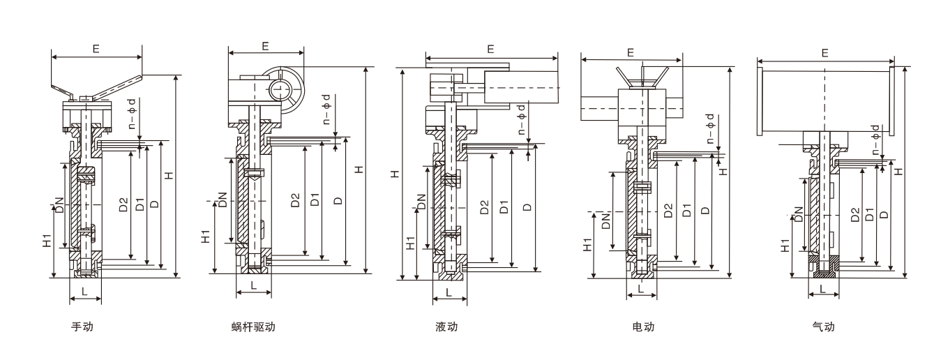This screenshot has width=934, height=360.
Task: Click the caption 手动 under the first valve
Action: (x=82, y=327)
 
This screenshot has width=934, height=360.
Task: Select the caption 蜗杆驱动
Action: (x=253, y=327)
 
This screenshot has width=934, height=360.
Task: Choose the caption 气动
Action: (x=823, y=327)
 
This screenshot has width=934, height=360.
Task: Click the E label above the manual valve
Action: (x=96, y=48)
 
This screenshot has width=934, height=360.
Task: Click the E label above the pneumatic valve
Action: (x=825, y=53)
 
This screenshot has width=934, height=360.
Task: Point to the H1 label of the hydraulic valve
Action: (x=411, y=242)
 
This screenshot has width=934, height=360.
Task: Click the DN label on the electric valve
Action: (x=605, y=222)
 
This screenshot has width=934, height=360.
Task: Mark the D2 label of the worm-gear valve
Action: (x=295, y=201)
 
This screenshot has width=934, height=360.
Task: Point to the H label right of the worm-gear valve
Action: (x=358, y=170)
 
